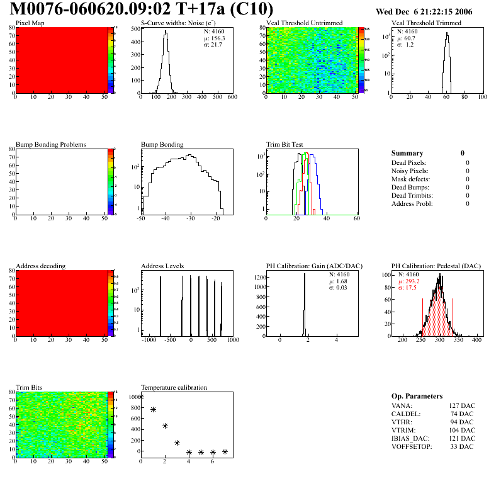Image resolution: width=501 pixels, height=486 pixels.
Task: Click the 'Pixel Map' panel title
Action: (x=30, y=23)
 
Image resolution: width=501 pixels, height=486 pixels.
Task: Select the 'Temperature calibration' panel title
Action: (x=174, y=387)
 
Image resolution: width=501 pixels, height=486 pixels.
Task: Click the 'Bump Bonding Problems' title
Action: (x=51, y=145)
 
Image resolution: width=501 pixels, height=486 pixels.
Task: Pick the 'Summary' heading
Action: (x=407, y=153)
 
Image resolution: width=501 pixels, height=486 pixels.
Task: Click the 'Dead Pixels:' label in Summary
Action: (x=410, y=162)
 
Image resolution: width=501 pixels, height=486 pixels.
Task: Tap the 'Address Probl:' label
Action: (x=412, y=203)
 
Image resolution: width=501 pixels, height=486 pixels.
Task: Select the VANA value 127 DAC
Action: (x=462, y=406)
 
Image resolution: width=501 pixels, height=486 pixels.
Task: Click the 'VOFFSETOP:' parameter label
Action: (x=412, y=447)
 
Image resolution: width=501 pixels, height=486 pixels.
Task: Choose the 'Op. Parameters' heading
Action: (x=417, y=396)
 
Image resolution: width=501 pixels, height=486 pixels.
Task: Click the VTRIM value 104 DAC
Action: (x=462, y=431)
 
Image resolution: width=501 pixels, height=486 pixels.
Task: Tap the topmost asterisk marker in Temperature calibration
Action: (x=141, y=397)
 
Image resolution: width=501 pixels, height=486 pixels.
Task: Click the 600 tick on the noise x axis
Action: (x=232, y=98)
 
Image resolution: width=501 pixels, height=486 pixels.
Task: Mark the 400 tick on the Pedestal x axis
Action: (x=477, y=340)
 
